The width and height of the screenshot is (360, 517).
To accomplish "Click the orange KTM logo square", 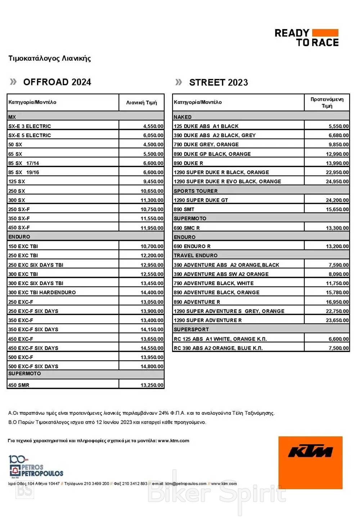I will tap(310, 462).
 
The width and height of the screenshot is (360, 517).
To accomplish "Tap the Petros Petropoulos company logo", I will tap(36, 466).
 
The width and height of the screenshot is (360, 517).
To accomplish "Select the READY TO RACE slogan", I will tap(306, 38).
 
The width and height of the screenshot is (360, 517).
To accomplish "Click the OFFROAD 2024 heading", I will tap(57, 82).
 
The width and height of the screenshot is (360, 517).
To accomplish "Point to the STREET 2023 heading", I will tap(219, 82).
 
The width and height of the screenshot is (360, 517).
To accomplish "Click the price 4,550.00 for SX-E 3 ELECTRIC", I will tap(153, 126).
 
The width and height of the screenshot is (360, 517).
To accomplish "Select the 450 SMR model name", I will tap(19, 385).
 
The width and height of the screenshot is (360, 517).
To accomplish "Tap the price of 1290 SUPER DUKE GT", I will tap(337, 200).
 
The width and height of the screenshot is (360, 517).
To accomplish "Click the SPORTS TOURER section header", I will tap(195, 191).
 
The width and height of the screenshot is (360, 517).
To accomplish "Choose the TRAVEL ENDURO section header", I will tap(195, 256).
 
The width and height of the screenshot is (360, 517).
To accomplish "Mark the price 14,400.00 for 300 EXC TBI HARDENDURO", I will tap(152, 293).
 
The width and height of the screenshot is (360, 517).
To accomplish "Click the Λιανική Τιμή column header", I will tap(141, 103).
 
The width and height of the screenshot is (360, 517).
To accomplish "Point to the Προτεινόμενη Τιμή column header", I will tap(327, 102).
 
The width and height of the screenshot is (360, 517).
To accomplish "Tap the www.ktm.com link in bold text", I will tap(174, 441).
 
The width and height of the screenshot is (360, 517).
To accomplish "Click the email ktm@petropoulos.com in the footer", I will tap(186, 484).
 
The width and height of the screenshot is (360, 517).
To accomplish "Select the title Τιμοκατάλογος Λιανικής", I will tap(50, 58).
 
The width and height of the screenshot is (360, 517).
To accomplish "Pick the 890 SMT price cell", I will tap(337, 210).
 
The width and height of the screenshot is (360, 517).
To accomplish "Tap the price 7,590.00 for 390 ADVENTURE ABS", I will tap(338, 265).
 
